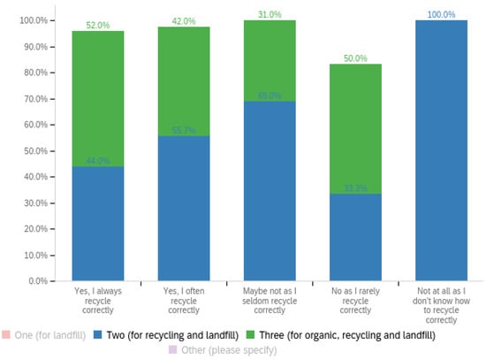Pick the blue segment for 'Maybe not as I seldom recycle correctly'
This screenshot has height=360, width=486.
tap(269, 190)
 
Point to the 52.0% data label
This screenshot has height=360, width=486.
tap(97, 26)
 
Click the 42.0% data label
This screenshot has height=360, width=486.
tap(183, 21)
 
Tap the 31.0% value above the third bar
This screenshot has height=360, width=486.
tap(269, 14)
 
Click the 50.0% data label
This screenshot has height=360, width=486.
tap(354, 57)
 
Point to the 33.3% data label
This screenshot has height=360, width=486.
tap(354, 188)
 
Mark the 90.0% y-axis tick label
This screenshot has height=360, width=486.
tap(36, 46)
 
